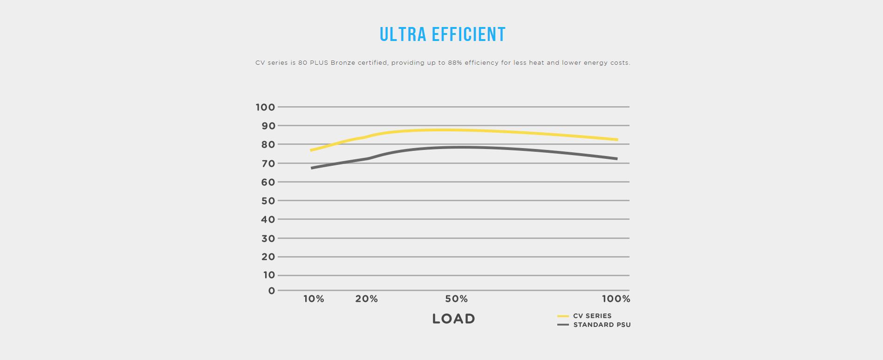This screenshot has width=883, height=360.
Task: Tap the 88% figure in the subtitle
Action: [455, 62]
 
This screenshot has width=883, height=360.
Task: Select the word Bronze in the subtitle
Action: [343, 62]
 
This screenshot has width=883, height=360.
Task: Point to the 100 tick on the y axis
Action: [265, 107]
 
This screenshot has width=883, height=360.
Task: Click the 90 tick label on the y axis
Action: [268, 126]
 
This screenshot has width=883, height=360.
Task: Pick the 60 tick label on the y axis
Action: [268, 182]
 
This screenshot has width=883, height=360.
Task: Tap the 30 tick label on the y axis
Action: [268, 238]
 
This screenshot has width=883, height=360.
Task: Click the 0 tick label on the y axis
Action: [272, 291]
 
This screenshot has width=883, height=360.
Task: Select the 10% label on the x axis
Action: [314, 299]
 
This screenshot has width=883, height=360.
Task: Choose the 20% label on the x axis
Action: [366, 299]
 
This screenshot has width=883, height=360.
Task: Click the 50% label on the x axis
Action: [456, 299]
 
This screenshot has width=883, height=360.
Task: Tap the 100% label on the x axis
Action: [616, 299]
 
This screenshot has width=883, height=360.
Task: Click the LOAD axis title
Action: [453, 319]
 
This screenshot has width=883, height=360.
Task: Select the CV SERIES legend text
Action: [592, 316]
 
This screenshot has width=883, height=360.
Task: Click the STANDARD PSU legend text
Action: [602, 325]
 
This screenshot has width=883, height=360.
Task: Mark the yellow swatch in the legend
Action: [563, 316]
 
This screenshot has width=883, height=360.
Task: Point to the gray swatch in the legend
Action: [563, 325]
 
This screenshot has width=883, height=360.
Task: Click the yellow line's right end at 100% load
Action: [616, 139]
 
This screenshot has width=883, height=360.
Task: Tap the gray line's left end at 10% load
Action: [312, 168]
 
